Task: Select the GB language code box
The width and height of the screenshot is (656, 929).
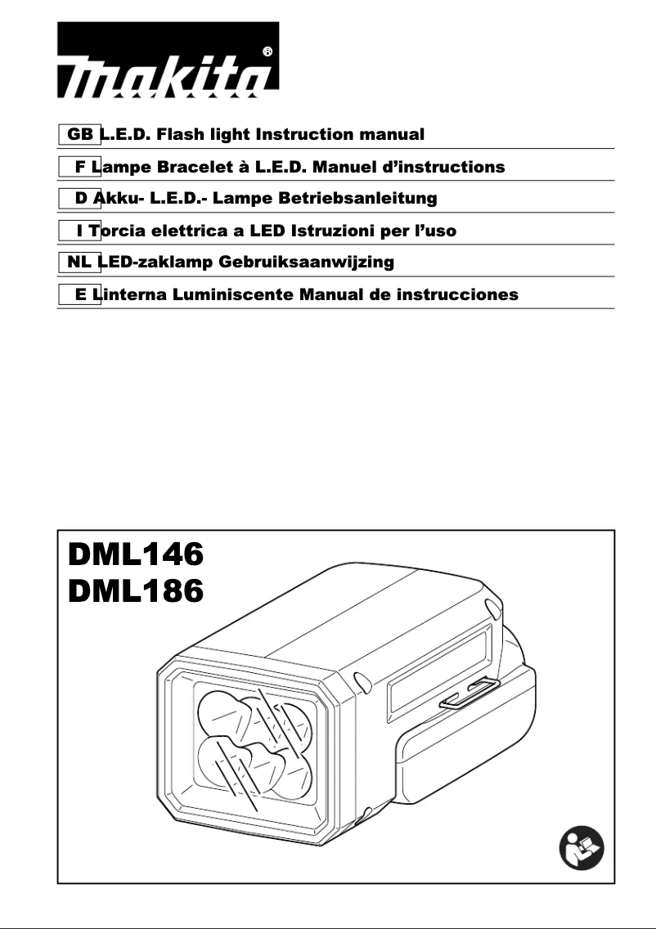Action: pos(79,133)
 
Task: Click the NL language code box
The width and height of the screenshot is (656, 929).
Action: pos(79,263)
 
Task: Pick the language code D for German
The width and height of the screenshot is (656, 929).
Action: pos(81,198)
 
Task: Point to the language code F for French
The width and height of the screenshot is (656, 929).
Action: pos(81,167)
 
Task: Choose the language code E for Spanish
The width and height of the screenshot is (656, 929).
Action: pos(81,294)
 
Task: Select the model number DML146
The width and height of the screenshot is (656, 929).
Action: pos(135,556)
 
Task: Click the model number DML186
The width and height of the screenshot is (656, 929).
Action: pos(135,591)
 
